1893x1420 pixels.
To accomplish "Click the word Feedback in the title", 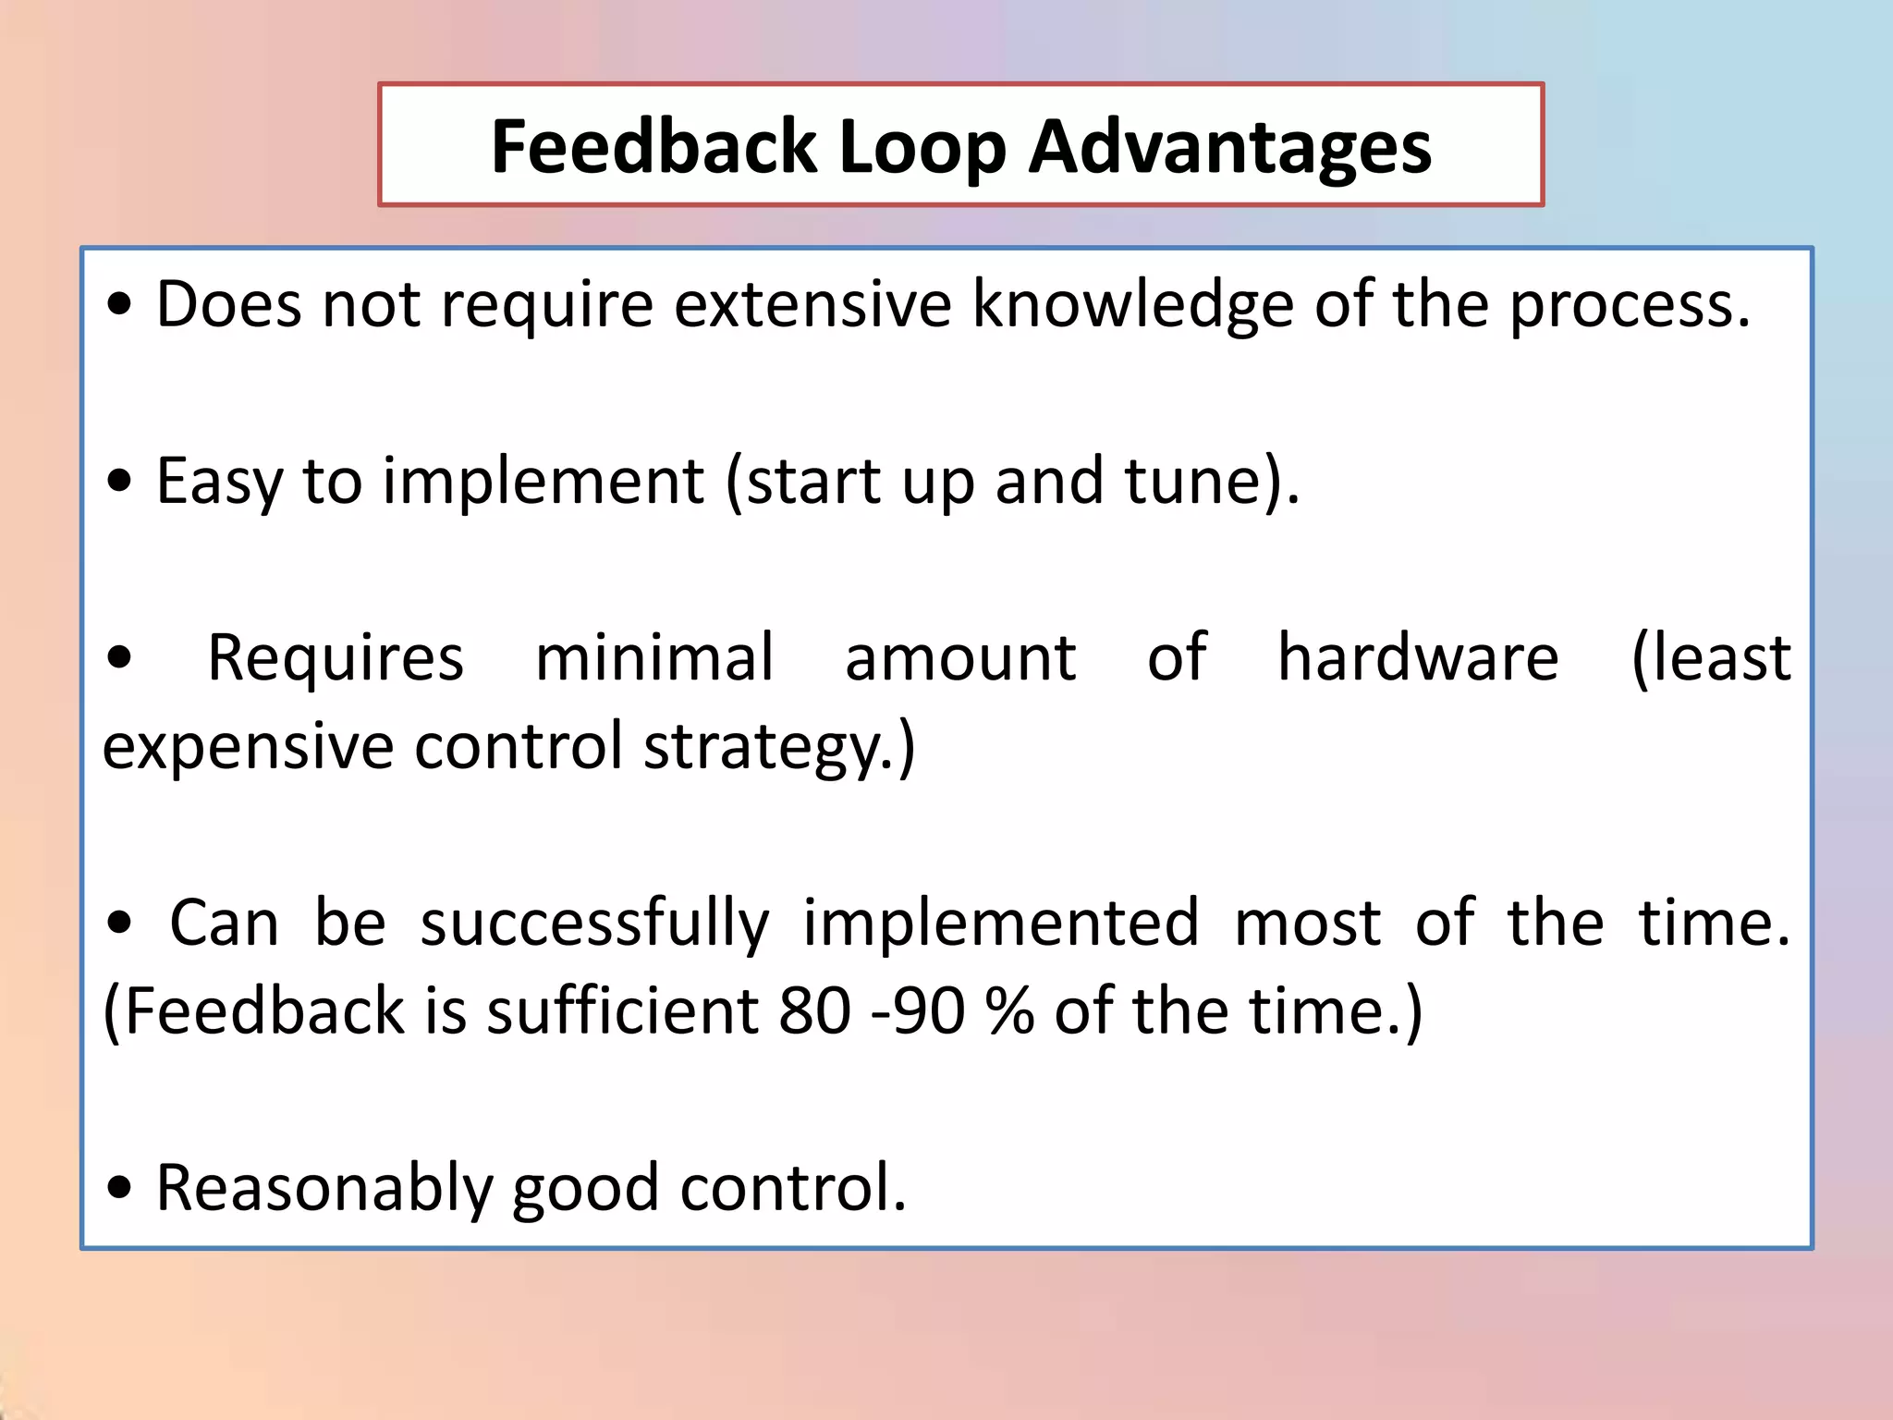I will click(x=653, y=147).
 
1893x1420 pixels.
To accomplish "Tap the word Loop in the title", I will click(x=922, y=147).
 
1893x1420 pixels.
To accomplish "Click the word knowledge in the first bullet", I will click(x=1132, y=304).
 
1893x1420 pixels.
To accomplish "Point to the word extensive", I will click(x=812, y=304).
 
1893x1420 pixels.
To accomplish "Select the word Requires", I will click(x=336, y=658).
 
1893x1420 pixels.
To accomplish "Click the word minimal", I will click(x=653, y=658).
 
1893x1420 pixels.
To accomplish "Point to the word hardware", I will click(x=1418, y=658).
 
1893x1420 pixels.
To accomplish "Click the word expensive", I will click(x=248, y=747).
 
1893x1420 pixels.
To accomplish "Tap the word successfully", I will click(x=594, y=924).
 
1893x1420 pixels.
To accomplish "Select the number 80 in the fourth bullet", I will click(x=814, y=1011).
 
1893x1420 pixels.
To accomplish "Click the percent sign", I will click(x=1009, y=1011).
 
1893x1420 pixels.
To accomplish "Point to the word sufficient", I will click(x=622, y=1011).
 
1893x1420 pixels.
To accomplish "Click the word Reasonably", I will click(x=324, y=1189).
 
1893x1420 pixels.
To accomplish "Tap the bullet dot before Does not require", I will click(x=119, y=306).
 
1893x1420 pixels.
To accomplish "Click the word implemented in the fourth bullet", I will click(x=1001, y=924).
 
